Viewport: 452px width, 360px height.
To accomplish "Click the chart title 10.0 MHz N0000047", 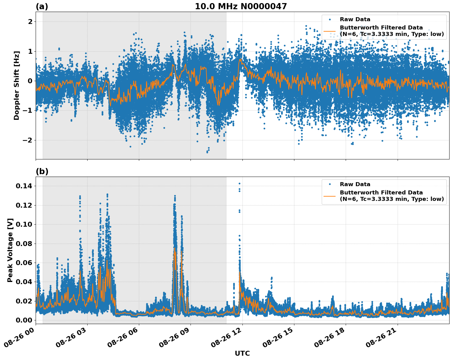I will click(241, 6).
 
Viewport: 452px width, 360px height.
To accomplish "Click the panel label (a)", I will click(42, 6).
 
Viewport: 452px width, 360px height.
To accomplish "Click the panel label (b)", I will click(42, 171).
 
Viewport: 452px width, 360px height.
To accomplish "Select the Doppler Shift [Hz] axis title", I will click(17, 85).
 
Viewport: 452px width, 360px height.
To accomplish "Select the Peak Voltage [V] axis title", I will click(10, 250).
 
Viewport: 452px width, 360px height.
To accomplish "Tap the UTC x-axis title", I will click(242, 353).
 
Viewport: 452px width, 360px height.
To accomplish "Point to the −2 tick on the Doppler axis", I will click(27, 140).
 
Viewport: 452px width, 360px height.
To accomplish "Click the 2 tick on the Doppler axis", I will click(30, 22).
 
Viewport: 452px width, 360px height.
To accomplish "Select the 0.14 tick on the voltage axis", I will click(25, 186).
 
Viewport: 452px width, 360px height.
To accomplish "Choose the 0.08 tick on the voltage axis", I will click(25, 244).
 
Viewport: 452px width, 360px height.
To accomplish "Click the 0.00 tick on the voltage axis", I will click(25, 320).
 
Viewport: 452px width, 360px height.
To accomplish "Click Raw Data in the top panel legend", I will click(355, 20).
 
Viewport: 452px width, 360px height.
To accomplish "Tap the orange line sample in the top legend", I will click(329, 31).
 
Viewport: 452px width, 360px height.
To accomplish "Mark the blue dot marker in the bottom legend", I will click(329, 184).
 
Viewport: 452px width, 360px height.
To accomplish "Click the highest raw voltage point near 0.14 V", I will click(239, 184).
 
